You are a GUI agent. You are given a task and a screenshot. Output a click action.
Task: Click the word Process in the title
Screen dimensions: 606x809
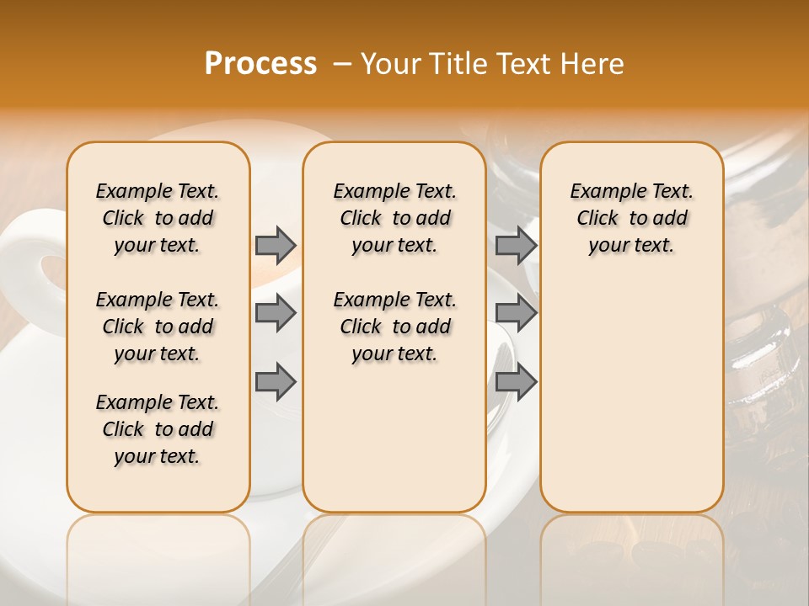coord(260,64)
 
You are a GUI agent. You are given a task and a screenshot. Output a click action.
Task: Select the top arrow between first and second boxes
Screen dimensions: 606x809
coord(275,245)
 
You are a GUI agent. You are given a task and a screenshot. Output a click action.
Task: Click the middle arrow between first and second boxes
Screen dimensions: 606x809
coord(275,313)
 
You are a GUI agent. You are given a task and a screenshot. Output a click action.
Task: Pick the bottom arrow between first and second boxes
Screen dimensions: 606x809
coord(275,381)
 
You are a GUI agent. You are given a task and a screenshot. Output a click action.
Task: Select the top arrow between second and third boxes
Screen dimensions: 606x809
coord(515,245)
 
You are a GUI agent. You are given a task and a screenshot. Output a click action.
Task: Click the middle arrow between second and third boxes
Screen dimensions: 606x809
coord(515,313)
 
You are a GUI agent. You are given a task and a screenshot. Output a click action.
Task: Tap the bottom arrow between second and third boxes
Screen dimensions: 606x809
coord(515,381)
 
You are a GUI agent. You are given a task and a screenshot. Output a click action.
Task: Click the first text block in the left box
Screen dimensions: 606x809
coord(158,218)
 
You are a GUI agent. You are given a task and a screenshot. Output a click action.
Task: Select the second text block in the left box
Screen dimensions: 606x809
coord(158,327)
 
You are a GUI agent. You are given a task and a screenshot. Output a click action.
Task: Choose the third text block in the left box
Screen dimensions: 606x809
coord(158,429)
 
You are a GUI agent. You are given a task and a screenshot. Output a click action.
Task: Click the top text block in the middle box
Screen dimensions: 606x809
coord(394,218)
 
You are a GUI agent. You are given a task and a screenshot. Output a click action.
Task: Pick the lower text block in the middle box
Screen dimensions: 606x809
coord(394,327)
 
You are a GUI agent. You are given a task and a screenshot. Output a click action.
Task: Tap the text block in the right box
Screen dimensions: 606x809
coord(631,218)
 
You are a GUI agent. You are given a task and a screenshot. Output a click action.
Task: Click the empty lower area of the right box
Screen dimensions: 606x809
coord(631,396)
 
